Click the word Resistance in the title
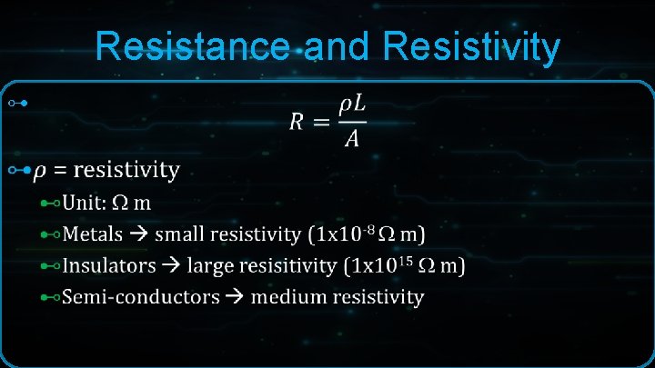pos(196,47)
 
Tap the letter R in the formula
pos(296,121)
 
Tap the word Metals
pos(93,234)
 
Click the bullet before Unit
pos(51,202)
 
